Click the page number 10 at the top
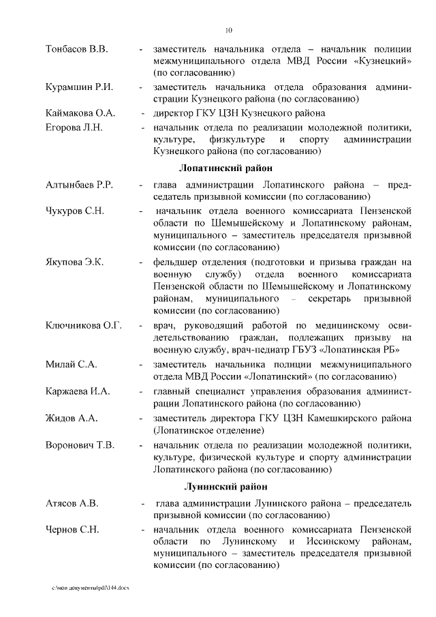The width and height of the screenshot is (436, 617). tap(229, 29)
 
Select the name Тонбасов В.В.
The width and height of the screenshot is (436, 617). tap(76, 50)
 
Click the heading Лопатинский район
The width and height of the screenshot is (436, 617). tap(225, 168)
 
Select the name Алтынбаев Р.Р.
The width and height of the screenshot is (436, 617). tap(79, 185)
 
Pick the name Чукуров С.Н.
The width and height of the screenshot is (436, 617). tap(75, 211)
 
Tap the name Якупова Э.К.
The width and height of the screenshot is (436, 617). tap(74, 262)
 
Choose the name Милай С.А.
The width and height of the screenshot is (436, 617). tap(71, 364)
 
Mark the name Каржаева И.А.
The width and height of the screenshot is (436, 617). tap(77, 391)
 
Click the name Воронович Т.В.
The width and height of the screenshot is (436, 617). tap(80, 445)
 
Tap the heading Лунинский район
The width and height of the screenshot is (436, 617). tap(228, 486)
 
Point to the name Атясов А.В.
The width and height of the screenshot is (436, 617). tap(72, 504)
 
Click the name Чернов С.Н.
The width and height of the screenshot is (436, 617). tap(72, 530)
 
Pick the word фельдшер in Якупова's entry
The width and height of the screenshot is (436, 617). tap(174, 262)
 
